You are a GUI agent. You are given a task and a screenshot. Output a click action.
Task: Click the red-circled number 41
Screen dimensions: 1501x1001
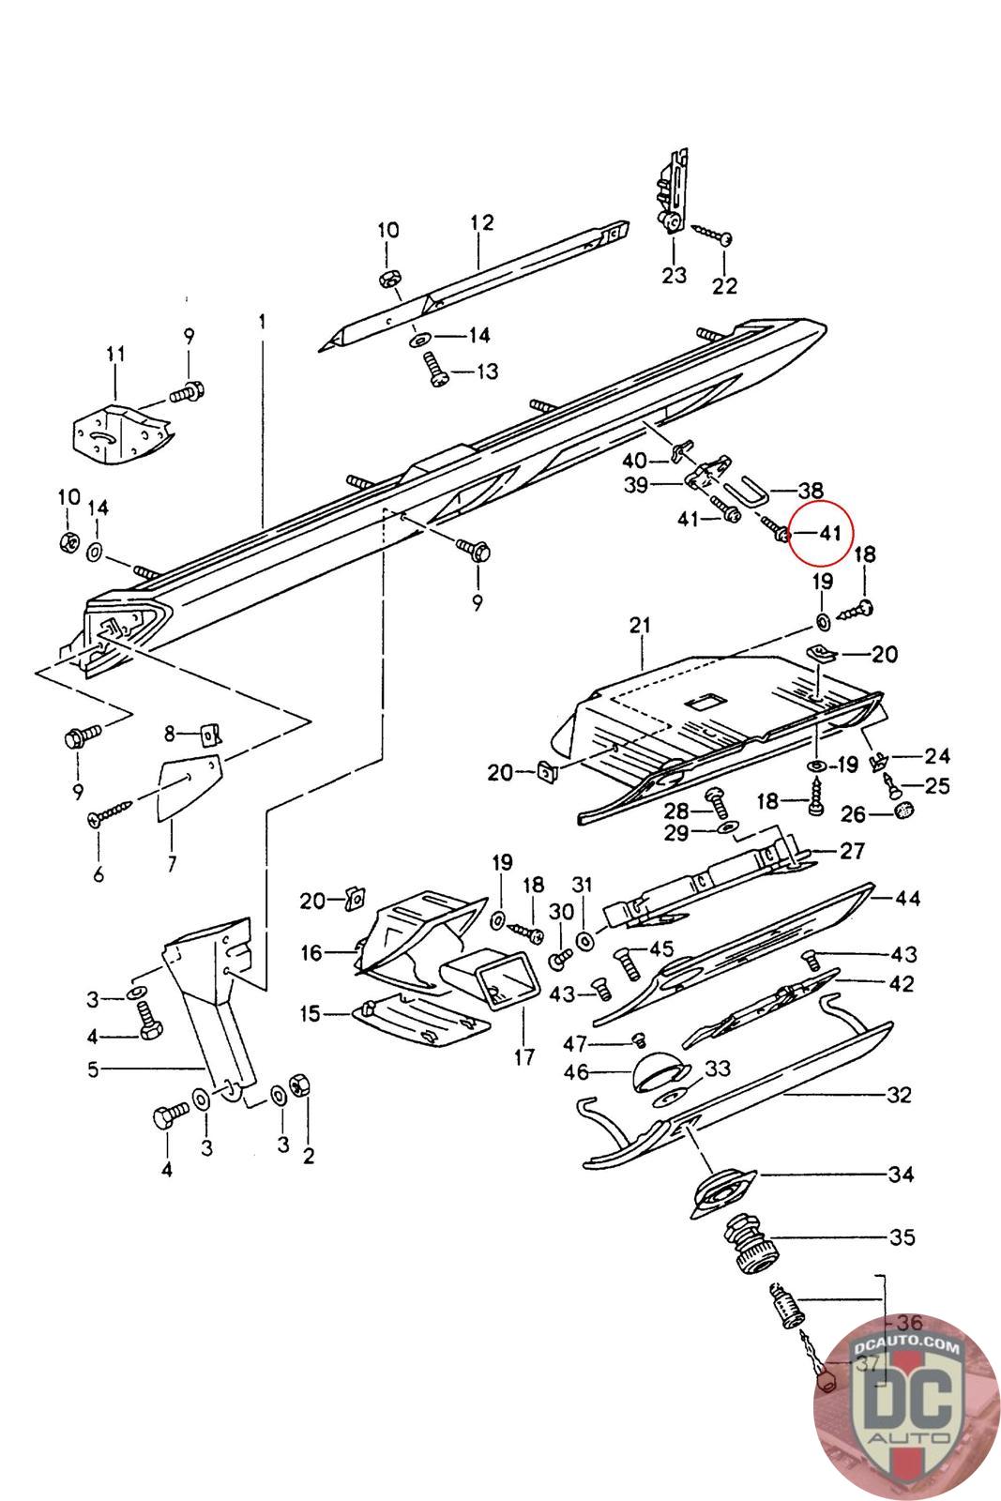tap(828, 533)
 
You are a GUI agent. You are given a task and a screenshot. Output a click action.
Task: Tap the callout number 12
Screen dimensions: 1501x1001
tap(481, 223)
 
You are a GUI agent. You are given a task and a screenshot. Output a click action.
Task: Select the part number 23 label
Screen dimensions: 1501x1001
tap(674, 275)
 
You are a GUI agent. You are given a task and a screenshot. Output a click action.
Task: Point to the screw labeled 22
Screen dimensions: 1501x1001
tap(710, 235)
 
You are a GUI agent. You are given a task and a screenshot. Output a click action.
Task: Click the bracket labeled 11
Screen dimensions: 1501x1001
tap(120, 429)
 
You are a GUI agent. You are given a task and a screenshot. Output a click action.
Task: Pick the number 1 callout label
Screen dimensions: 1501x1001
tap(263, 321)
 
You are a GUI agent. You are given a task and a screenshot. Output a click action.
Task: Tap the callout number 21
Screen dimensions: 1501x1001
tap(641, 626)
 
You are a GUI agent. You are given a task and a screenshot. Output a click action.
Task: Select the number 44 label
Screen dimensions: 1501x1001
tap(907, 898)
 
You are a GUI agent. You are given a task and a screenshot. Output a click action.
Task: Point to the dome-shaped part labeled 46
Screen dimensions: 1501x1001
tap(656, 1070)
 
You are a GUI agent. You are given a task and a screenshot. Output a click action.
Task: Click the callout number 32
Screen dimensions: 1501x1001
tap(898, 1095)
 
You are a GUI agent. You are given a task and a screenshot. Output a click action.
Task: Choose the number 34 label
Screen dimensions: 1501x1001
tap(901, 1174)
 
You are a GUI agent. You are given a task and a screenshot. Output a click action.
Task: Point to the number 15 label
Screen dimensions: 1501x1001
tap(310, 1014)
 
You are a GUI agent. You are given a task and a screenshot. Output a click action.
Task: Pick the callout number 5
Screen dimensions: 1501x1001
tap(93, 1069)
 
